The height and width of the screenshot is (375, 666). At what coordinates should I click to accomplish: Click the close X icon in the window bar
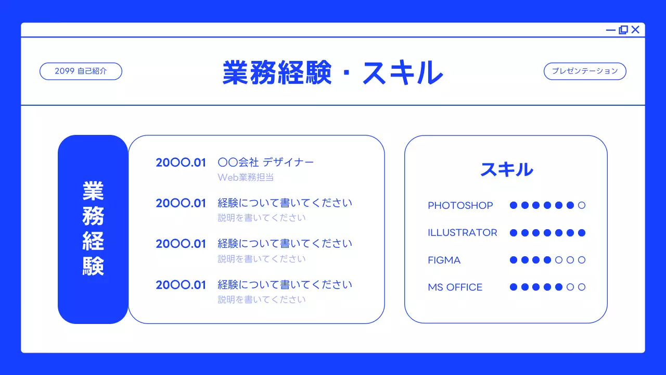[635, 30]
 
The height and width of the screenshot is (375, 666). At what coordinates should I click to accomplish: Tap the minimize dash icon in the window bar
[611, 30]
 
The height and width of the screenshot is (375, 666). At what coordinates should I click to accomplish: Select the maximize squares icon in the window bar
[623, 30]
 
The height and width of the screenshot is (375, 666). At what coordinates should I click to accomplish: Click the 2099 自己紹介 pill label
[81, 71]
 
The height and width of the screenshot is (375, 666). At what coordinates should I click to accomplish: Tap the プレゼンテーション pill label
[585, 71]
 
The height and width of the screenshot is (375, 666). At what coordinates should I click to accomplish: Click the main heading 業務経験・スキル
[332, 72]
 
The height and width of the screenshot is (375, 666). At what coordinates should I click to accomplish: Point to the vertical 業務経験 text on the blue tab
[93, 229]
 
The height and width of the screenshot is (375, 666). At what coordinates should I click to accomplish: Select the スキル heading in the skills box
[506, 169]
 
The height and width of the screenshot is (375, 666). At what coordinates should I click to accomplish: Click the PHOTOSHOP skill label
[460, 206]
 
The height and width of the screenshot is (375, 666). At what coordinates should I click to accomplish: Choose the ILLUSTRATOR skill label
[462, 233]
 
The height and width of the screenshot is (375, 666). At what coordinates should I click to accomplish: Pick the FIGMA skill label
[444, 260]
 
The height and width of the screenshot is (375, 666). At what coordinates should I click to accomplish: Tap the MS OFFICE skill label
[455, 287]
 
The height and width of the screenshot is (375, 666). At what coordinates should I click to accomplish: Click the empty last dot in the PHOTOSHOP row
[582, 205]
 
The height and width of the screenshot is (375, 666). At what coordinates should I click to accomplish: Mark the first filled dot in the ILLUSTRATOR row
[514, 233]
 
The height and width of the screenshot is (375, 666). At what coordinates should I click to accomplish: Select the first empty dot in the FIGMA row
[559, 260]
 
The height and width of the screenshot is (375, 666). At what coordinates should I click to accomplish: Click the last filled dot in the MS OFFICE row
[559, 287]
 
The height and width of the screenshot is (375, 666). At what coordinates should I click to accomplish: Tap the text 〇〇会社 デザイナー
[265, 162]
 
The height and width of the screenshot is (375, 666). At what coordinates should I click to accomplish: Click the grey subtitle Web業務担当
[246, 178]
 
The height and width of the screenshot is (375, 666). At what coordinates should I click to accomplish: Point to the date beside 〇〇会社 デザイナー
[181, 162]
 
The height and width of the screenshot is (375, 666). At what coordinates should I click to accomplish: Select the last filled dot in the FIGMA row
[547, 260]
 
